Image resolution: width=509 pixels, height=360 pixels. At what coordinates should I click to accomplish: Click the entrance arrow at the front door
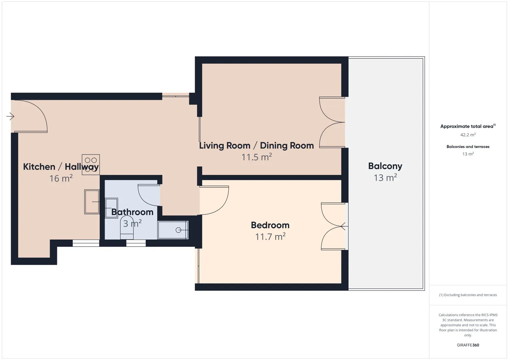point(10,116)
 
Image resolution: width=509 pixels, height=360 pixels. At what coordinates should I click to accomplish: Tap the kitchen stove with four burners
point(91,164)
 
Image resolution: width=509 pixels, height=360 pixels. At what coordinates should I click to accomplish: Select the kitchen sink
point(92,202)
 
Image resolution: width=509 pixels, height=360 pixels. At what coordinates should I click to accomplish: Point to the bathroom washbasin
point(111,208)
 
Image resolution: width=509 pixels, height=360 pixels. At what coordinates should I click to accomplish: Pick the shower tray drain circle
point(178,230)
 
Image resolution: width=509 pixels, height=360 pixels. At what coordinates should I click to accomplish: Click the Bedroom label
point(270,225)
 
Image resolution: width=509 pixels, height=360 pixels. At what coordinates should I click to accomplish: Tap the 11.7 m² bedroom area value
point(270,236)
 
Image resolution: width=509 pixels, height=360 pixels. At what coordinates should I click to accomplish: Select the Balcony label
point(385,166)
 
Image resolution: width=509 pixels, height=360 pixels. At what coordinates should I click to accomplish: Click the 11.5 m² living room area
point(257,157)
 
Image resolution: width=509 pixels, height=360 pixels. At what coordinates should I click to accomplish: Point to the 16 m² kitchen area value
point(61,178)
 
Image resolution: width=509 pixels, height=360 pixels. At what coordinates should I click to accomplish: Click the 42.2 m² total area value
point(468,135)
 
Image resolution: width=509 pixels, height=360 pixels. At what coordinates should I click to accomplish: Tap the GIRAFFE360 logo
point(468,345)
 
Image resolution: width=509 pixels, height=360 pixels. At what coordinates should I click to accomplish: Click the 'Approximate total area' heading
point(468,126)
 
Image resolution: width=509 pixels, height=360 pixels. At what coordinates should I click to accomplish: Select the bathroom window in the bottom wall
point(136,243)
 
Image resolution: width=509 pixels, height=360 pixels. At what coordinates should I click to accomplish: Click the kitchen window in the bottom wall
point(86,243)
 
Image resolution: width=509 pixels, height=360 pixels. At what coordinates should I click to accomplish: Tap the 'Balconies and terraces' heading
point(468,146)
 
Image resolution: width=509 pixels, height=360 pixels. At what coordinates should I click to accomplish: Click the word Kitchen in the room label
point(39,167)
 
